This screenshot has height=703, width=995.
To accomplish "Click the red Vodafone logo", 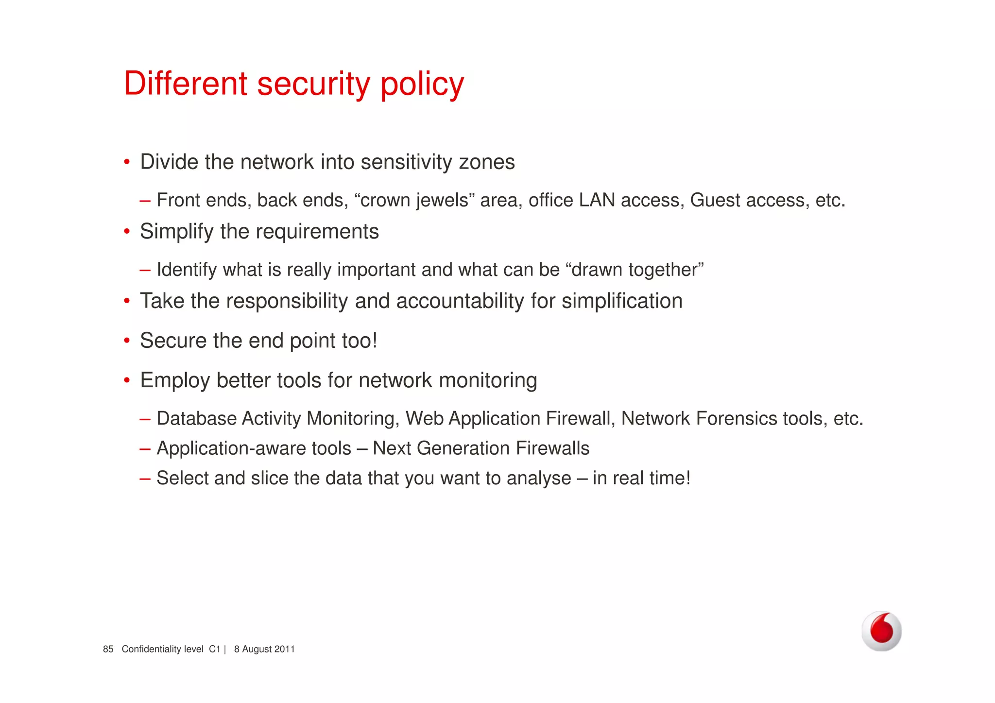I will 881,631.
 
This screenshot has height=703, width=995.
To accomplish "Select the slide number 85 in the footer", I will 108,649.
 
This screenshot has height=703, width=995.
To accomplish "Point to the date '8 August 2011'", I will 264,649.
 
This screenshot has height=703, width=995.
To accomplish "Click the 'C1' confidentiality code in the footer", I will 214,649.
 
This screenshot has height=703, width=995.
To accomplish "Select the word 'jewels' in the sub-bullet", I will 442,200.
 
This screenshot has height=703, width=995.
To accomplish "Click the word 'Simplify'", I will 177,232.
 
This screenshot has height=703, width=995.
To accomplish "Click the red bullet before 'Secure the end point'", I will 127,341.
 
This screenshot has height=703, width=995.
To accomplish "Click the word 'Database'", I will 196,418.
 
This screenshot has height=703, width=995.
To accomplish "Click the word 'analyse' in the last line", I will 539,479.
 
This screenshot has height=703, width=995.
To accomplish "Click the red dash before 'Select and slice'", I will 145,479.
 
